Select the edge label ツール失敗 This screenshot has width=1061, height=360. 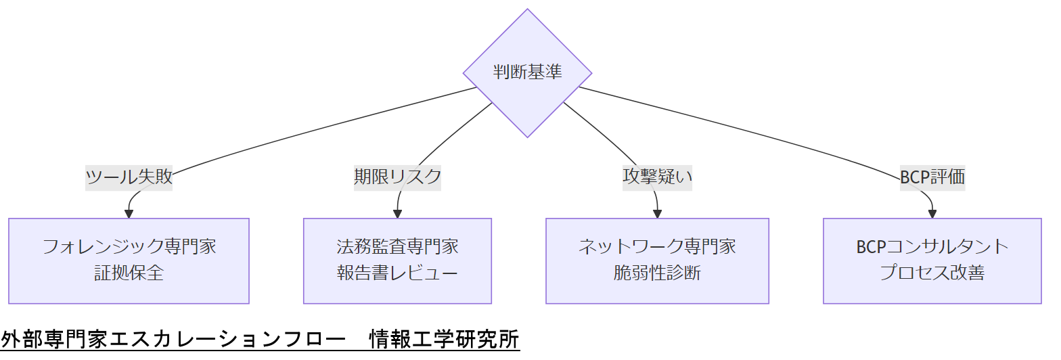(129, 177)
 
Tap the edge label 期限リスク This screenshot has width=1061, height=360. (397, 177)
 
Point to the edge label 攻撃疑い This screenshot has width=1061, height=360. (657, 177)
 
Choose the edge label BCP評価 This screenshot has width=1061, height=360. (932, 177)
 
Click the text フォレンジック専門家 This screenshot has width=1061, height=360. (129, 246)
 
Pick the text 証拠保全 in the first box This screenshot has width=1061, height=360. (129, 273)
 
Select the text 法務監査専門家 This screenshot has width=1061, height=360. (397, 246)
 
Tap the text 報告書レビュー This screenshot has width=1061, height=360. (397, 273)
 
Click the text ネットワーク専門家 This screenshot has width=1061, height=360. (657, 246)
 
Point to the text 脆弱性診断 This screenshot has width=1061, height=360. (657, 273)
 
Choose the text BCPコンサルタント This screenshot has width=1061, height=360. (932, 246)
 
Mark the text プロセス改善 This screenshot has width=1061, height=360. (932, 273)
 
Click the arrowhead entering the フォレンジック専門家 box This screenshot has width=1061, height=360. (129, 214)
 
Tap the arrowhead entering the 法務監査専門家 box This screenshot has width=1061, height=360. (397, 214)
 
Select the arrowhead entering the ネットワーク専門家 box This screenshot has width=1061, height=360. (657, 214)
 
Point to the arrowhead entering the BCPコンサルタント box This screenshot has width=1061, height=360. (932, 214)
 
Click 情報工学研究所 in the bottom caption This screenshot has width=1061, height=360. (444, 339)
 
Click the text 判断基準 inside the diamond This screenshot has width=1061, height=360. (527, 72)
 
